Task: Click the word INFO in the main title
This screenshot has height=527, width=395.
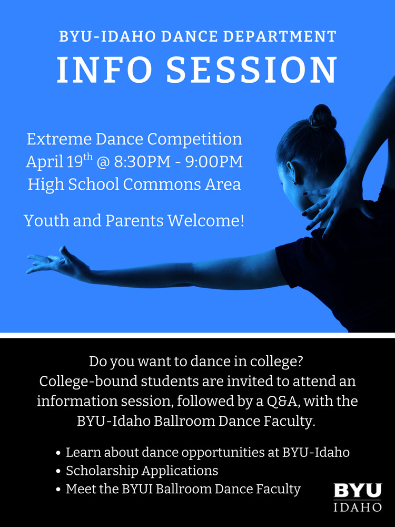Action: (104, 70)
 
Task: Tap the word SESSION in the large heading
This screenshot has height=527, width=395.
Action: (252, 70)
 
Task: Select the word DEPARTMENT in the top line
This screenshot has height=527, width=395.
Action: (280, 36)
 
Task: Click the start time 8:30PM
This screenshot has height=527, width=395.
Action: (142, 162)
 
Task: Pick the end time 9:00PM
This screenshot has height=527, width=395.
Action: (214, 162)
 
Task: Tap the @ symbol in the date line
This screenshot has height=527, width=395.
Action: (103, 162)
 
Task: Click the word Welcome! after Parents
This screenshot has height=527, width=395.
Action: (206, 220)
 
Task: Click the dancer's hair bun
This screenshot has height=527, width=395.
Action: (322, 116)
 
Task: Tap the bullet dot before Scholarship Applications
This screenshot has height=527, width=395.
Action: (58, 471)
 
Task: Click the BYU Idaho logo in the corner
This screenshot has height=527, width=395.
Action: (358, 497)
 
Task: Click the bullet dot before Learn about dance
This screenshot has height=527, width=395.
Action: (58, 453)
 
